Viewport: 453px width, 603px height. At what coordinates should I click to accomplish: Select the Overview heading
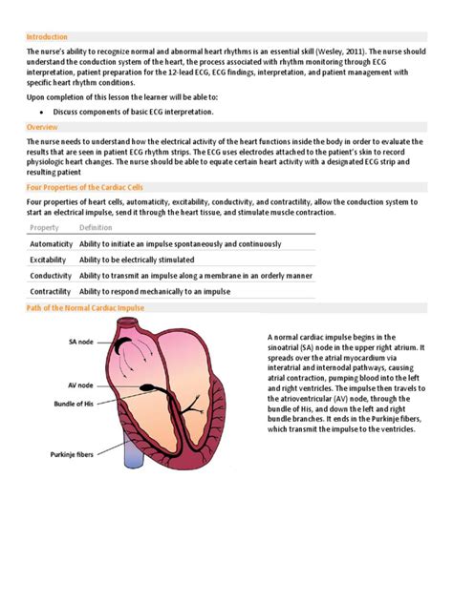tap(42, 127)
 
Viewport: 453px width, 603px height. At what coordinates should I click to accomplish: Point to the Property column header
tap(45, 228)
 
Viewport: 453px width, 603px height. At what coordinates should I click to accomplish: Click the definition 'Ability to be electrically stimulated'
tap(137, 260)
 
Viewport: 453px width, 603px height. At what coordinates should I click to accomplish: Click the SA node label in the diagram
tap(80, 341)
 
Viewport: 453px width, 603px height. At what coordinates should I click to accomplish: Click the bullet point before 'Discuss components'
tap(44, 112)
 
